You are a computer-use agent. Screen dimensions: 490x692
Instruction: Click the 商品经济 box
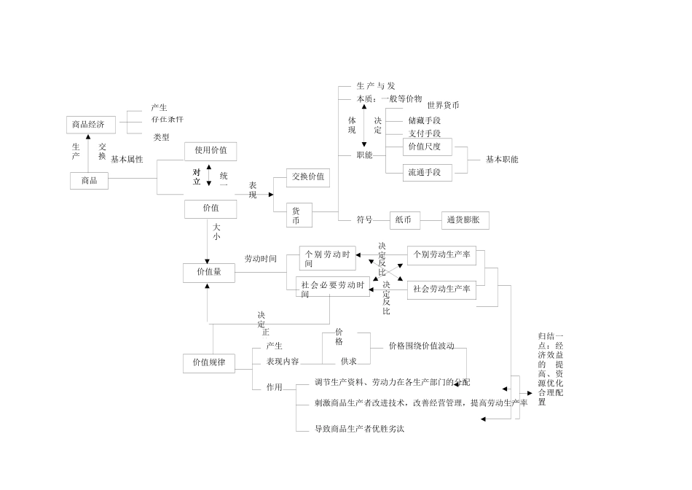[88, 125]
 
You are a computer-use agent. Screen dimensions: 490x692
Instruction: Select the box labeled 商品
[89, 180]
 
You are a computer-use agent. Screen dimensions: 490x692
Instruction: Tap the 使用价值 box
[211, 151]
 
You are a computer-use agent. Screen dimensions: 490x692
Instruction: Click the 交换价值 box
[308, 176]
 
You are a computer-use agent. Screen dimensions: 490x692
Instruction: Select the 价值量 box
[208, 273]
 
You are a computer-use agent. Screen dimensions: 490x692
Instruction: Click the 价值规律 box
[209, 362]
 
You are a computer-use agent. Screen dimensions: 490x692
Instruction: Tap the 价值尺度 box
[427, 147]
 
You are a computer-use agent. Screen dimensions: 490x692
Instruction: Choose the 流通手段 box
[427, 173]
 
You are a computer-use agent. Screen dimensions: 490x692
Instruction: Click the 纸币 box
[405, 219]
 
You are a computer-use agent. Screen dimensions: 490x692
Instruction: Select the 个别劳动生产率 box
[441, 255]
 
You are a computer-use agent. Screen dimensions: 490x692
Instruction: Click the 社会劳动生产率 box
[441, 289]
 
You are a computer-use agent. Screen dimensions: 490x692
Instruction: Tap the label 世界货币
[443, 105]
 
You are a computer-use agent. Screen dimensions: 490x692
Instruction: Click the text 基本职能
[502, 160]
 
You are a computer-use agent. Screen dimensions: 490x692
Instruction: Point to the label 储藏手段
[424, 120]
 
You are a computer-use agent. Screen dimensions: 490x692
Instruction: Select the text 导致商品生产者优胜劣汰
[359, 429]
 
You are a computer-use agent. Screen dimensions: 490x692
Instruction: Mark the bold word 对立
[197, 176]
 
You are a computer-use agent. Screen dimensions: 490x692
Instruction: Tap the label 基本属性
[127, 160]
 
